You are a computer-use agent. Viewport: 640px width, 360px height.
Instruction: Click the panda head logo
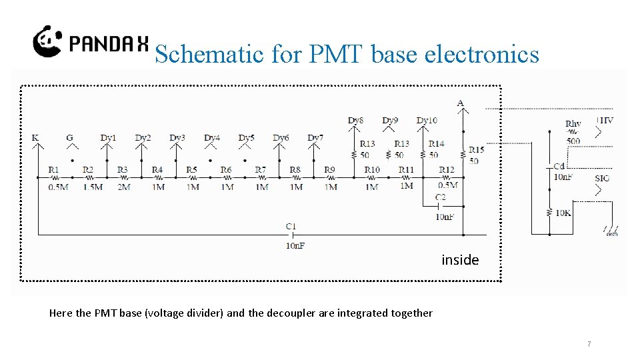(48, 41)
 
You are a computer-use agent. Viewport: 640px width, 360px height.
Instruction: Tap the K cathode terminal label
(35, 138)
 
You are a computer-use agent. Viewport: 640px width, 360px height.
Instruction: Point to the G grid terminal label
(69, 138)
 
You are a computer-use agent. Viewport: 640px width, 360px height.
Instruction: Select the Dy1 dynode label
(108, 138)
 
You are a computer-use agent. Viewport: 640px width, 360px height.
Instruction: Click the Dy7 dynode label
(315, 138)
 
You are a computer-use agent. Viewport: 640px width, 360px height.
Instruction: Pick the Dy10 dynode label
(427, 121)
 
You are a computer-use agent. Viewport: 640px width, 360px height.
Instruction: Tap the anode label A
(461, 103)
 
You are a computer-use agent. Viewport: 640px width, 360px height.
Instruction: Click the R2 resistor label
(88, 170)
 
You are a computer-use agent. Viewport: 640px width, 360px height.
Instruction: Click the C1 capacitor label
(291, 227)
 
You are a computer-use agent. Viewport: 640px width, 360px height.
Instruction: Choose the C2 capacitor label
(441, 198)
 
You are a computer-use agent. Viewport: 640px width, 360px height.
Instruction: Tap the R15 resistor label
(476, 150)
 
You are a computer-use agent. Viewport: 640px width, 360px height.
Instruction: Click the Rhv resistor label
(573, 124)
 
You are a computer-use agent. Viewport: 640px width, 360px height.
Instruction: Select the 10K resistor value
(563, 213)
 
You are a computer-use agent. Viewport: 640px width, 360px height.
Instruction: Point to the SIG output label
(602, 178)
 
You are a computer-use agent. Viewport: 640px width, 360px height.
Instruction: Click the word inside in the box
(460, 260)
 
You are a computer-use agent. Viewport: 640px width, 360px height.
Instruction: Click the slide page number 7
(589, 344)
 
